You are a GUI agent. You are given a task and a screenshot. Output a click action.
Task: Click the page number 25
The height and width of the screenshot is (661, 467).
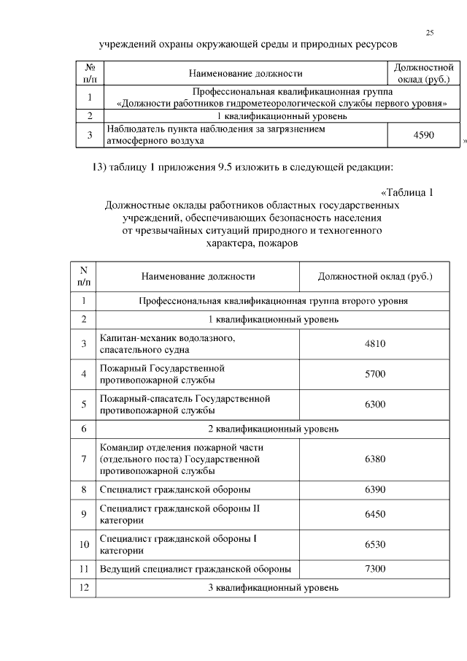tap(430, 33)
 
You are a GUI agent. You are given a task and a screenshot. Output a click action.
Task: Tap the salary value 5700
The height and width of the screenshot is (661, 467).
tap(375, 374)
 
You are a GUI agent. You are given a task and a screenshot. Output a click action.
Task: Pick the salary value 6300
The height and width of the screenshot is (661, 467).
tap(375, 404)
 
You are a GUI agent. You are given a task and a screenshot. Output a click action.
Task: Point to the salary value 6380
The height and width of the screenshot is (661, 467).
tap(375, 459)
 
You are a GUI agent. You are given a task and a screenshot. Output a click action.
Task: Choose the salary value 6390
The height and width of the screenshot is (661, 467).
tap(375, 489)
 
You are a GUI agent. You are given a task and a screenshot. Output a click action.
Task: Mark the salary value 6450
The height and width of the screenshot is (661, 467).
tap(375, 514)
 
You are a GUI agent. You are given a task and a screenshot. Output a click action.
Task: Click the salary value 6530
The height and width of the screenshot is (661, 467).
tap(375, 544)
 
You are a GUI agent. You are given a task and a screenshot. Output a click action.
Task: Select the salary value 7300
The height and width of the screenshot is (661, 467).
tap(375, 569)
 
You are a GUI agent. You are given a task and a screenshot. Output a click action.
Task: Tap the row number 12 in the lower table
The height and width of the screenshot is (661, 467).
tap(84, 587)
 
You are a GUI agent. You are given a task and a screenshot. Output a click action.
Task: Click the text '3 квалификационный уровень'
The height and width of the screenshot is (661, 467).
tap(273, 587)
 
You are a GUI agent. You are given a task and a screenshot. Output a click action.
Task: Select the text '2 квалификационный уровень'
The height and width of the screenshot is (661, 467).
tap(273, 429)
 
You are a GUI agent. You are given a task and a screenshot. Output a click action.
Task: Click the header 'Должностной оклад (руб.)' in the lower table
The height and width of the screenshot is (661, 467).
tap(375, 277)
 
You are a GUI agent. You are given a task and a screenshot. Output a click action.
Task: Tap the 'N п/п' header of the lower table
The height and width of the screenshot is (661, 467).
tap(84, 276)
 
